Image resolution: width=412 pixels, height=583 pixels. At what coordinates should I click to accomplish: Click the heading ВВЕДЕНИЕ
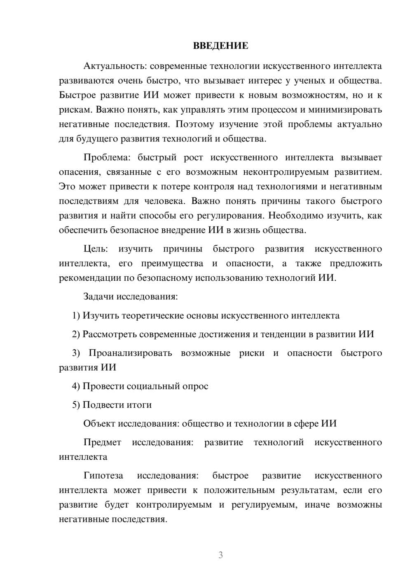click(x=220, y=46)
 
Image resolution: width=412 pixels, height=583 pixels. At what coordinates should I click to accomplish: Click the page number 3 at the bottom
click(x=220, y=555)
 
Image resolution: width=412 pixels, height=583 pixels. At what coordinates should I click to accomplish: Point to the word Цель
click(x=96, y=249)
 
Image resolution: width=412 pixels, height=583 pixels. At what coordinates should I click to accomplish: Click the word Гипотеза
click(x=103, y=475)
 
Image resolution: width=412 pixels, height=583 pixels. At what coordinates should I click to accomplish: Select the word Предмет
click(x=102, y=442)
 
